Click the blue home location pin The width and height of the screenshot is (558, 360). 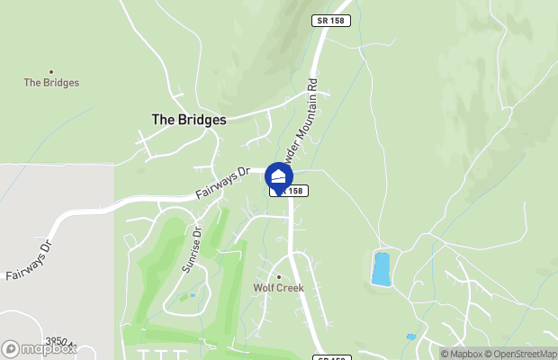pos(279,177)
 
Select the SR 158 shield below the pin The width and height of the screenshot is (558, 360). pos(291,191)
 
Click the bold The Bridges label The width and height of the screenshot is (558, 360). pos(188,119)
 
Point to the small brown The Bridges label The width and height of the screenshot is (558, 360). pos(51,83)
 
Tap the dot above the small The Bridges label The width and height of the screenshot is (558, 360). pos(51,71)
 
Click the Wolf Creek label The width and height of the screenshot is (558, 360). pos(278,288)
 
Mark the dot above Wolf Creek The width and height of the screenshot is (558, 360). pos(278,276)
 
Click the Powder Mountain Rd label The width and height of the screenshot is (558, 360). pos(306,126)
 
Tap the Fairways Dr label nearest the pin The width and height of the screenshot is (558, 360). pos(222,183)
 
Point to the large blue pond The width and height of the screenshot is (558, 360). pos(382,268)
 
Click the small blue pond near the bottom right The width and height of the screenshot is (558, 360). pos(410,337)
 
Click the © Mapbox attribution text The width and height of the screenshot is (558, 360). pos(462,354)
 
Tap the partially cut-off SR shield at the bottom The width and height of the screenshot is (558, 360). pos(332,357)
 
